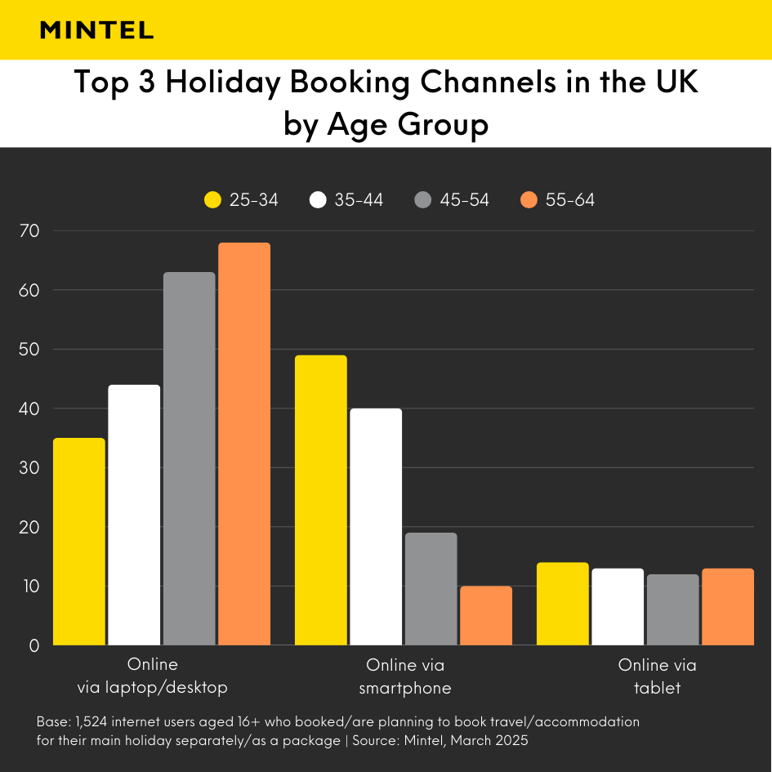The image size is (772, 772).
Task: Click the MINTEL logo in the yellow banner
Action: click(x=96, y=30)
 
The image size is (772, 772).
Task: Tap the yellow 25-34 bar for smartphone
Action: click(x=321, y=500)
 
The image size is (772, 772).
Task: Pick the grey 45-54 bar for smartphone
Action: click(x=431, y=589)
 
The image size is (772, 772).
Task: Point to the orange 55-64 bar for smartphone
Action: click(x=486, y=616)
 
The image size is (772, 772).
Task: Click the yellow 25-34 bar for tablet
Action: click(x=563, y=604)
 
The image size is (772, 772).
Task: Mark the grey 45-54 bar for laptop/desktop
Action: click(x=190, y=458)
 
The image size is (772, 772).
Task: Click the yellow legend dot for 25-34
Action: click(x=212, y=200)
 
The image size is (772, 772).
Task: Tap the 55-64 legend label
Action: click(x=570, y=200)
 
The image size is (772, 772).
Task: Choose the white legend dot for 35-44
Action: click(x=319, y=200)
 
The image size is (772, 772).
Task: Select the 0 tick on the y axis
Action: click(x=34, y=645)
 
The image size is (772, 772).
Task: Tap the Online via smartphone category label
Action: click(x=405, y=676)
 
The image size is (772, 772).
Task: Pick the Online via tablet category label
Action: click(x=658, y=676)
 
